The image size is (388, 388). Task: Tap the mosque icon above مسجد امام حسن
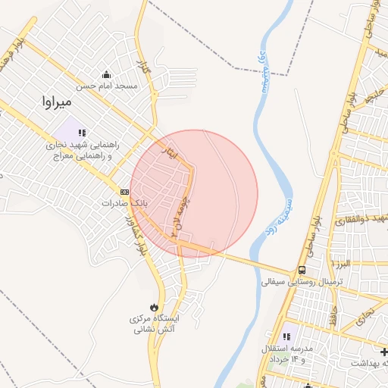[x=106, y=74]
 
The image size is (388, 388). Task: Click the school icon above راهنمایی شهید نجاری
[x=82, y=133]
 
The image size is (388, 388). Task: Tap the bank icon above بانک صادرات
[x=124, y=192]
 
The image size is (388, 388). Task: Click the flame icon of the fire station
[x=155, y=306]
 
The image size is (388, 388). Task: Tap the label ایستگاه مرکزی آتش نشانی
[x=155, y=324]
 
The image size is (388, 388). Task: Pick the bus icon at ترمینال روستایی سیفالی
[x=302, y=271]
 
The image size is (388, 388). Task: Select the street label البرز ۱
[x=340, y=262]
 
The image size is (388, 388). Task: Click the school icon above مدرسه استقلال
[x=286, y=336]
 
